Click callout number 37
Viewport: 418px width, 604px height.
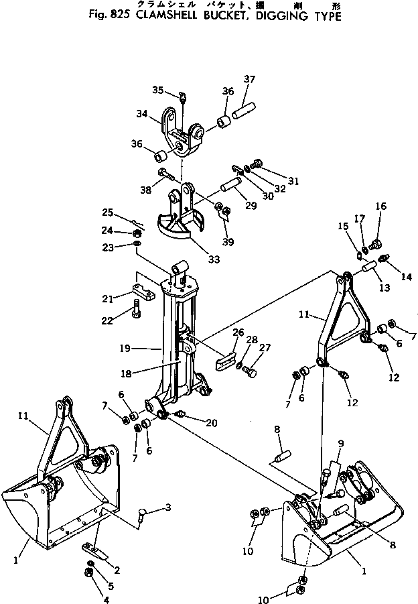coord(249,80)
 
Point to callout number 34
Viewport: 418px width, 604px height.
coord(142,114)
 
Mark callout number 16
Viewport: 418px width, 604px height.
coord(380,206)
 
